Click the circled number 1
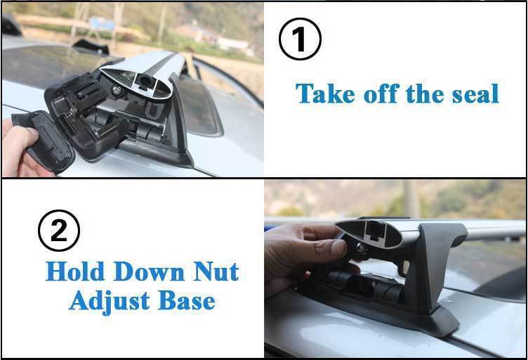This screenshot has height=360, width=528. click(x=300, y=39)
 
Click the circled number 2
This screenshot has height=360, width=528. click(x=59, y=231)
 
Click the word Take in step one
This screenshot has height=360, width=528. click(x=325, y=94)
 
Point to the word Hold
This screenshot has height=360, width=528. click(x=75, y=271)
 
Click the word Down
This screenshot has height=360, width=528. click(x=149, y=271)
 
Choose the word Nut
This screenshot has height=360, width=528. click(x=216, y=271)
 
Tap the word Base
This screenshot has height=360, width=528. click(x=187, y=300)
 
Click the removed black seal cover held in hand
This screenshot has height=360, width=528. click(x=44, y=141)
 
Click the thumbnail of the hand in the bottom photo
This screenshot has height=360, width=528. click(x=338, y=247)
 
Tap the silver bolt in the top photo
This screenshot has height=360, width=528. click(x=117, y=90)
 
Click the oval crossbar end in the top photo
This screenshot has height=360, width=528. click(x=137, y=82)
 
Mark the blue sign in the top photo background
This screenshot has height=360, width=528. click(x=102, y=24)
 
